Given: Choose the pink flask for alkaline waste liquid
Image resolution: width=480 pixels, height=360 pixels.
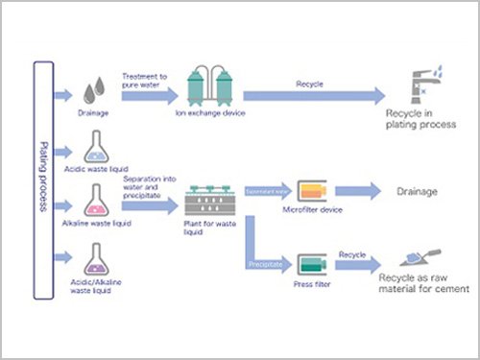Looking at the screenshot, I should [95, 202].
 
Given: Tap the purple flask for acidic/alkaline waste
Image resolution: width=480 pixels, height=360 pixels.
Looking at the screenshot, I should [95, 257].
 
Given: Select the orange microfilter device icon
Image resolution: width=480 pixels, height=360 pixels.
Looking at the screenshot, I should [309, 191].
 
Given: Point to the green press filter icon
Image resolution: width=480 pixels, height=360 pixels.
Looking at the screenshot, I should [309, 263].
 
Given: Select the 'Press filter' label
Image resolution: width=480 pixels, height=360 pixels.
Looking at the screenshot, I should [310, 284].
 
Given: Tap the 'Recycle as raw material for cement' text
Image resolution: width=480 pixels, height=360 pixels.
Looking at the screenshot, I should [422, 285].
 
